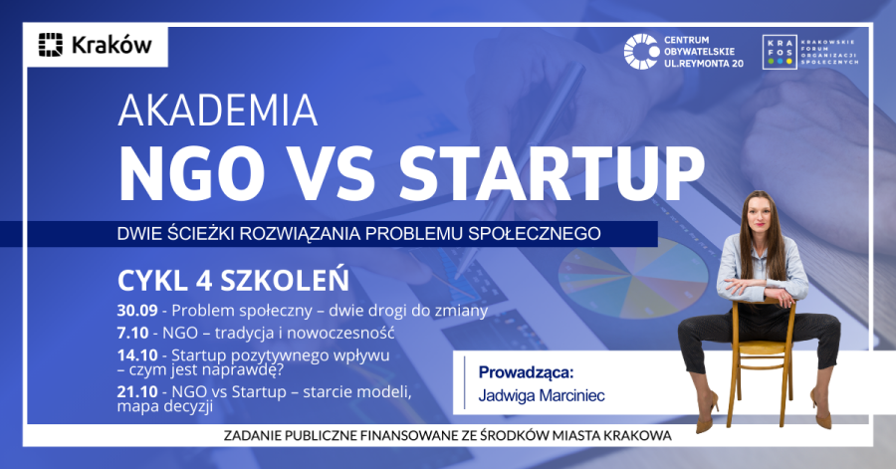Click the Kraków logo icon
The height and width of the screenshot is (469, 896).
(x=51, y=45)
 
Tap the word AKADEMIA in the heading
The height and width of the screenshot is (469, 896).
(x=218, y=111)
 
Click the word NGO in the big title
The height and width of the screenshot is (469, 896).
(x=192, y=173)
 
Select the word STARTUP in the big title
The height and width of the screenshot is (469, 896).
(x=552, y=173)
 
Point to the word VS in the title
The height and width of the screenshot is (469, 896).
(x=333, y=173)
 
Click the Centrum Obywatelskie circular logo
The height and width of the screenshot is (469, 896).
(x=641, y=52)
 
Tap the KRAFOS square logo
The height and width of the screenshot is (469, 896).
(x=780, y=52)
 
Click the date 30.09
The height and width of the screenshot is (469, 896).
(x=137, y=311)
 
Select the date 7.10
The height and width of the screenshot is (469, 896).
(x=132, y=333)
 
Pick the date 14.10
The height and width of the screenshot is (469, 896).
(x=137, y=354)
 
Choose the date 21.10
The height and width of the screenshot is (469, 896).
(x=137, y=392)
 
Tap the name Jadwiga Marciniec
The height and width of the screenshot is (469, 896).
(x=542, y=395)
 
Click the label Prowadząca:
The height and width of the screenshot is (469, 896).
(x=526, y=373)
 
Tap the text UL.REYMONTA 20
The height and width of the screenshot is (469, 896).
(x=704, y=64)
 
